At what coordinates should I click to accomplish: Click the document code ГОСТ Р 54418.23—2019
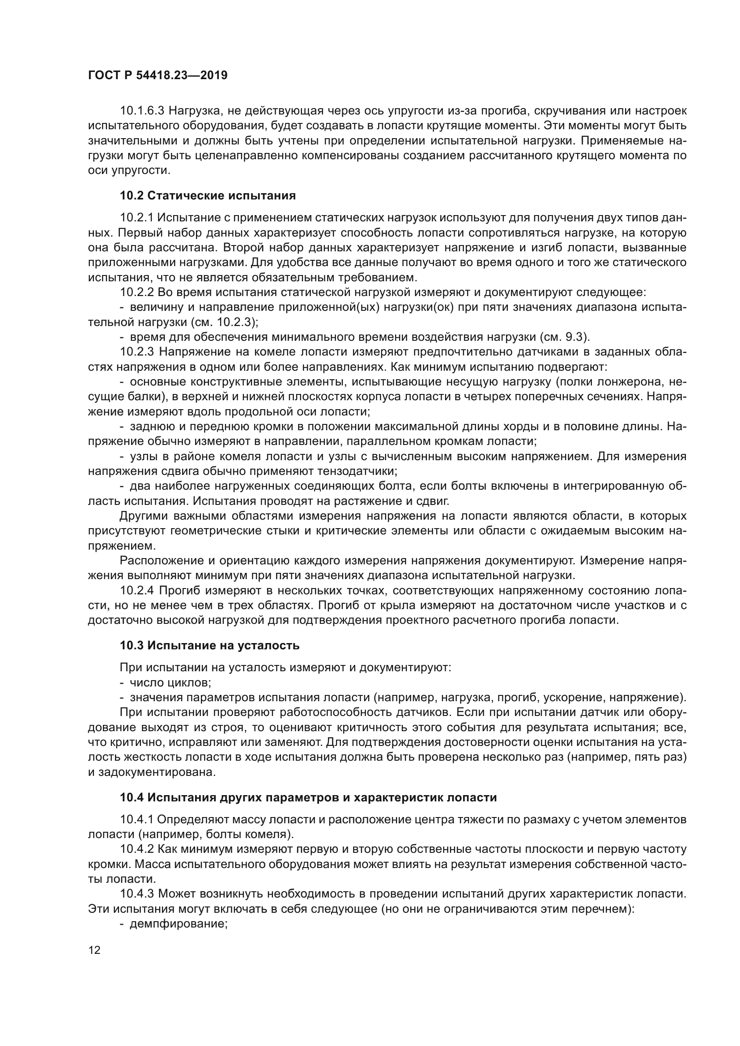(157, 75)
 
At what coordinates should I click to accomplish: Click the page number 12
(94, 950)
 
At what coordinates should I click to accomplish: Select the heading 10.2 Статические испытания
(208, 196)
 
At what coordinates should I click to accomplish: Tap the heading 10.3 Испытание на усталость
(209, 646)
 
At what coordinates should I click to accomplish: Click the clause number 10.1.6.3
(145, 111)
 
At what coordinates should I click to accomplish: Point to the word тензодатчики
(350, 471)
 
